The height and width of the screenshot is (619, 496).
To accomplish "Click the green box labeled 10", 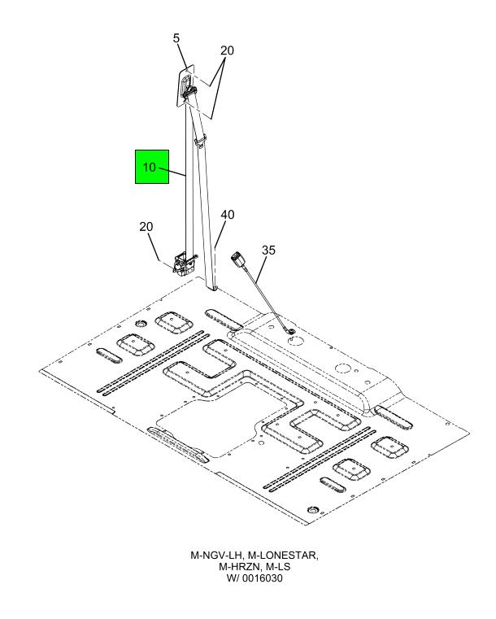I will click(151, 168).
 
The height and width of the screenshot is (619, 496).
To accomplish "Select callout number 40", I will click(228, 215).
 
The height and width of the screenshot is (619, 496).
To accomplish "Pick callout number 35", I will click(268, 251).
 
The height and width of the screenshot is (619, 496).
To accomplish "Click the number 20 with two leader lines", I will click(227, 50).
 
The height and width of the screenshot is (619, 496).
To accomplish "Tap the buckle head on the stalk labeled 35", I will click(239, 259).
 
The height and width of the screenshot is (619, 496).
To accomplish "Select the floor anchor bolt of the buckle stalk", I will click(289, 331).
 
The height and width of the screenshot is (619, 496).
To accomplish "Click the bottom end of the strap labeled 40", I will click(213, 286).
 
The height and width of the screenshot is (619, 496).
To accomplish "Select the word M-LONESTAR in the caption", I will click(284, 556).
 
